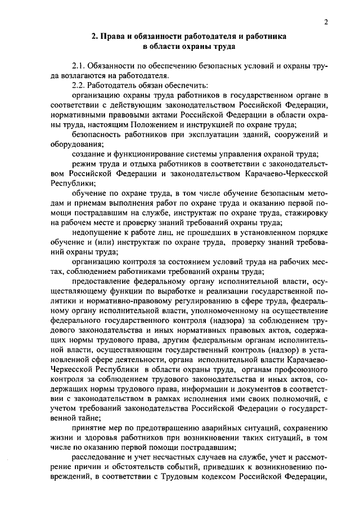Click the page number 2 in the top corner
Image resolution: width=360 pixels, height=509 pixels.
(326, 22)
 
